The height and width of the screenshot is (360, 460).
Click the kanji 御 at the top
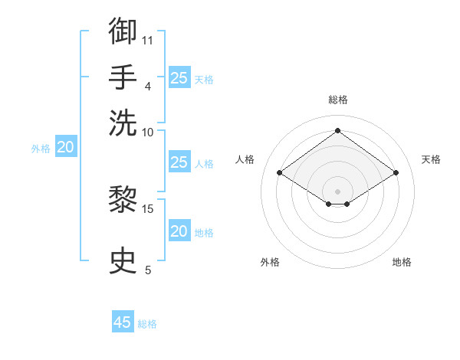tap(123, 31)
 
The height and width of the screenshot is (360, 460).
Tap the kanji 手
tap(123, 77)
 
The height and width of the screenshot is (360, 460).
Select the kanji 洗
tap(123, 123)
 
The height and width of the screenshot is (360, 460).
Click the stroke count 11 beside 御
tap(148, 39)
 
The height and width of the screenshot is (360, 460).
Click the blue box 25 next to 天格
tap(179, 77)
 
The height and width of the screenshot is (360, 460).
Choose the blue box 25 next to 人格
tap(179, 162)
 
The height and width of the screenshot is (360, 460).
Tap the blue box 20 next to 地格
tap(179, 231)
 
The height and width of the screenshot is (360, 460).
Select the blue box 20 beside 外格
tap(65, 148)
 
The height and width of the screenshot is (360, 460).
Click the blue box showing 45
tap(123, 322)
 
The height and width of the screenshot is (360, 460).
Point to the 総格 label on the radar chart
tap(337, 100)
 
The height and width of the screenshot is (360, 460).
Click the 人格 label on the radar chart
tap(245, 159)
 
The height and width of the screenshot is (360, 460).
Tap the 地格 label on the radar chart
tap(402, 263)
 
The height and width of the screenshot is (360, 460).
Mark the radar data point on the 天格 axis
tap(396, 173)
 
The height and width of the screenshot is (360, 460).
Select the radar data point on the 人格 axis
tap(280, 173)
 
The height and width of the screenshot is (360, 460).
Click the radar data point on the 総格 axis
tap(337, 131)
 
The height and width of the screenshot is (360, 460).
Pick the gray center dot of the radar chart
tap(337, 191)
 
